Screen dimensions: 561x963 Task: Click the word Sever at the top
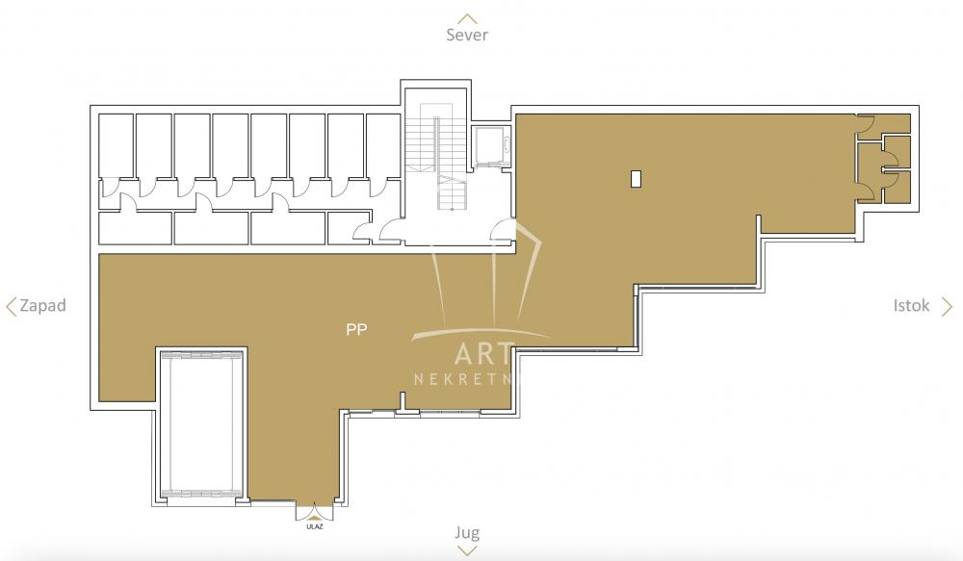467,35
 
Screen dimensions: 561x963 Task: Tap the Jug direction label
467,532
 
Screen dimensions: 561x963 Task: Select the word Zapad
42,306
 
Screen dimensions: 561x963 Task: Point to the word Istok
911,306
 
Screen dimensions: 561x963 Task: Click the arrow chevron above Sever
467,17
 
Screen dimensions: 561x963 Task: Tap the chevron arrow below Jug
467,550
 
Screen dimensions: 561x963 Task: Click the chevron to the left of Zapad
12,307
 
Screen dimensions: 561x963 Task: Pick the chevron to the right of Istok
947,307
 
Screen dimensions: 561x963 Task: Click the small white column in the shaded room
636,178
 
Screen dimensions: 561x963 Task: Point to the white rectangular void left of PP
201,424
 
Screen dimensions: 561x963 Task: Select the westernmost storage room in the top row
116,144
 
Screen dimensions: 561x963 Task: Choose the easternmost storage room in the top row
383,144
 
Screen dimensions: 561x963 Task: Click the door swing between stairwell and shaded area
503,231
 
